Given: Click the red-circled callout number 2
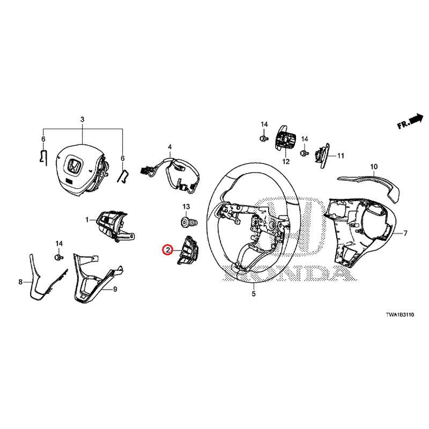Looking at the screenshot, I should (168, 250).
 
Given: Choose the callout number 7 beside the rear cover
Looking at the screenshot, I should (405, 234).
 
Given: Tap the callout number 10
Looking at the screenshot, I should (374, 167).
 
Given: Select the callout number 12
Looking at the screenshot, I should (285, 161).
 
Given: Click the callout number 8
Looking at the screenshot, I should (20, 282).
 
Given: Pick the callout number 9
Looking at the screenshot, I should (114, 290).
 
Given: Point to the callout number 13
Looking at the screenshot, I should (187, 206).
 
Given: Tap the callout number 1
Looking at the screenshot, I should (87, 220).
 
